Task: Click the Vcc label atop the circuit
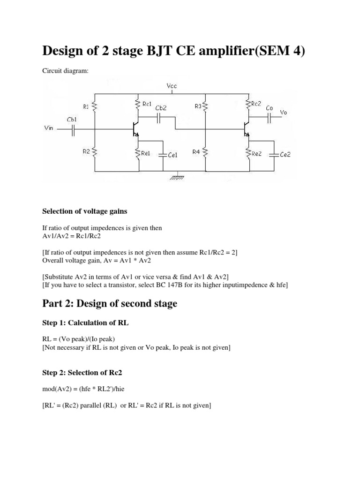[172, 86]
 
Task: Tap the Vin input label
[49, 127]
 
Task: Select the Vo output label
[284, 112]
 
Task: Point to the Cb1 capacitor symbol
[73, 132]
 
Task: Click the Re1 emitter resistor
[138, 153]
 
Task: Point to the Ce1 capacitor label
[172, 155]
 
